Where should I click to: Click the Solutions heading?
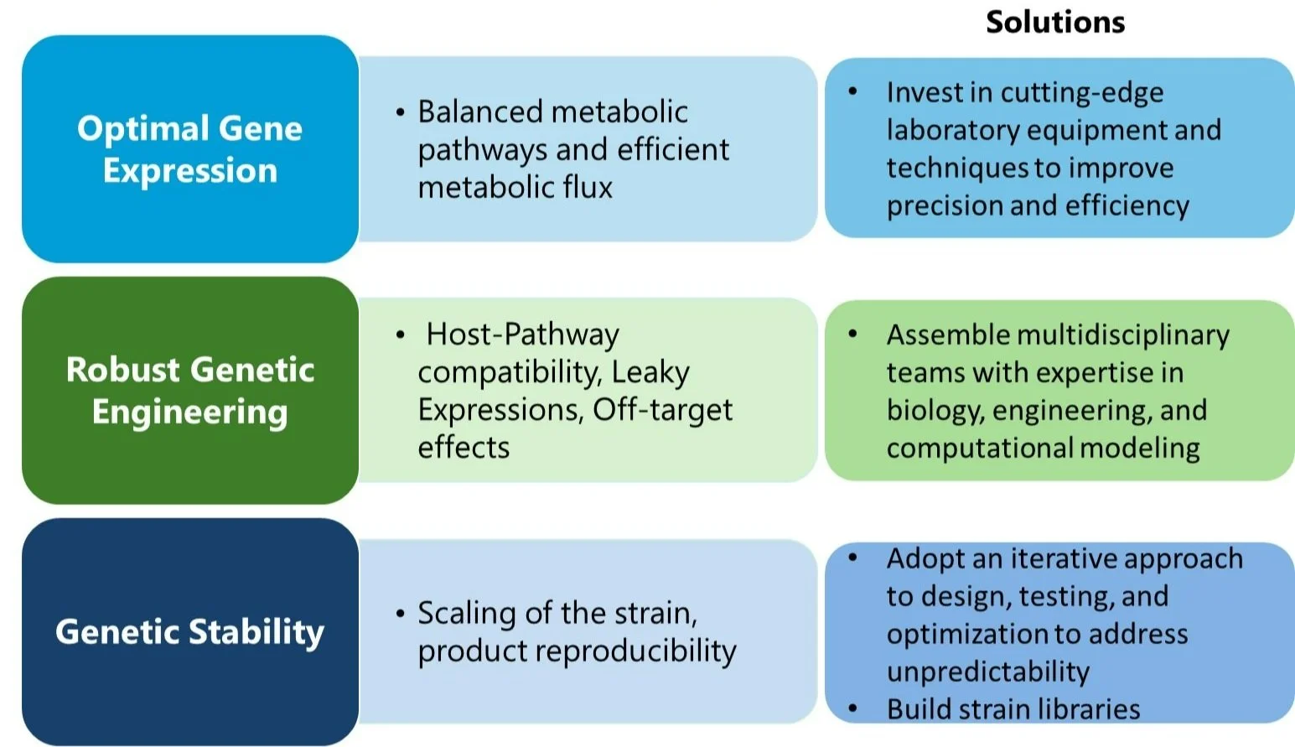point(1055,22)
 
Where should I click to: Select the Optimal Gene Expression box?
point(190,149)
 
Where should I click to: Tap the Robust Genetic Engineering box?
point(190,391)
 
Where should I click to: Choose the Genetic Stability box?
point(190,631)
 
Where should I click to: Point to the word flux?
point(587,187)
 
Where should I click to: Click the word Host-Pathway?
point(522,335)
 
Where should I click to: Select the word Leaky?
point(650,372)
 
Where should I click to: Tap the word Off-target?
point(662,410)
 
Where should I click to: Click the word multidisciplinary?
point(1122,335)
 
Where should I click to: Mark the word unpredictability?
point(987,672)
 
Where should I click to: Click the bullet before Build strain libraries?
point(852,709)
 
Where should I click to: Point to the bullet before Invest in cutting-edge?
point(852,91)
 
